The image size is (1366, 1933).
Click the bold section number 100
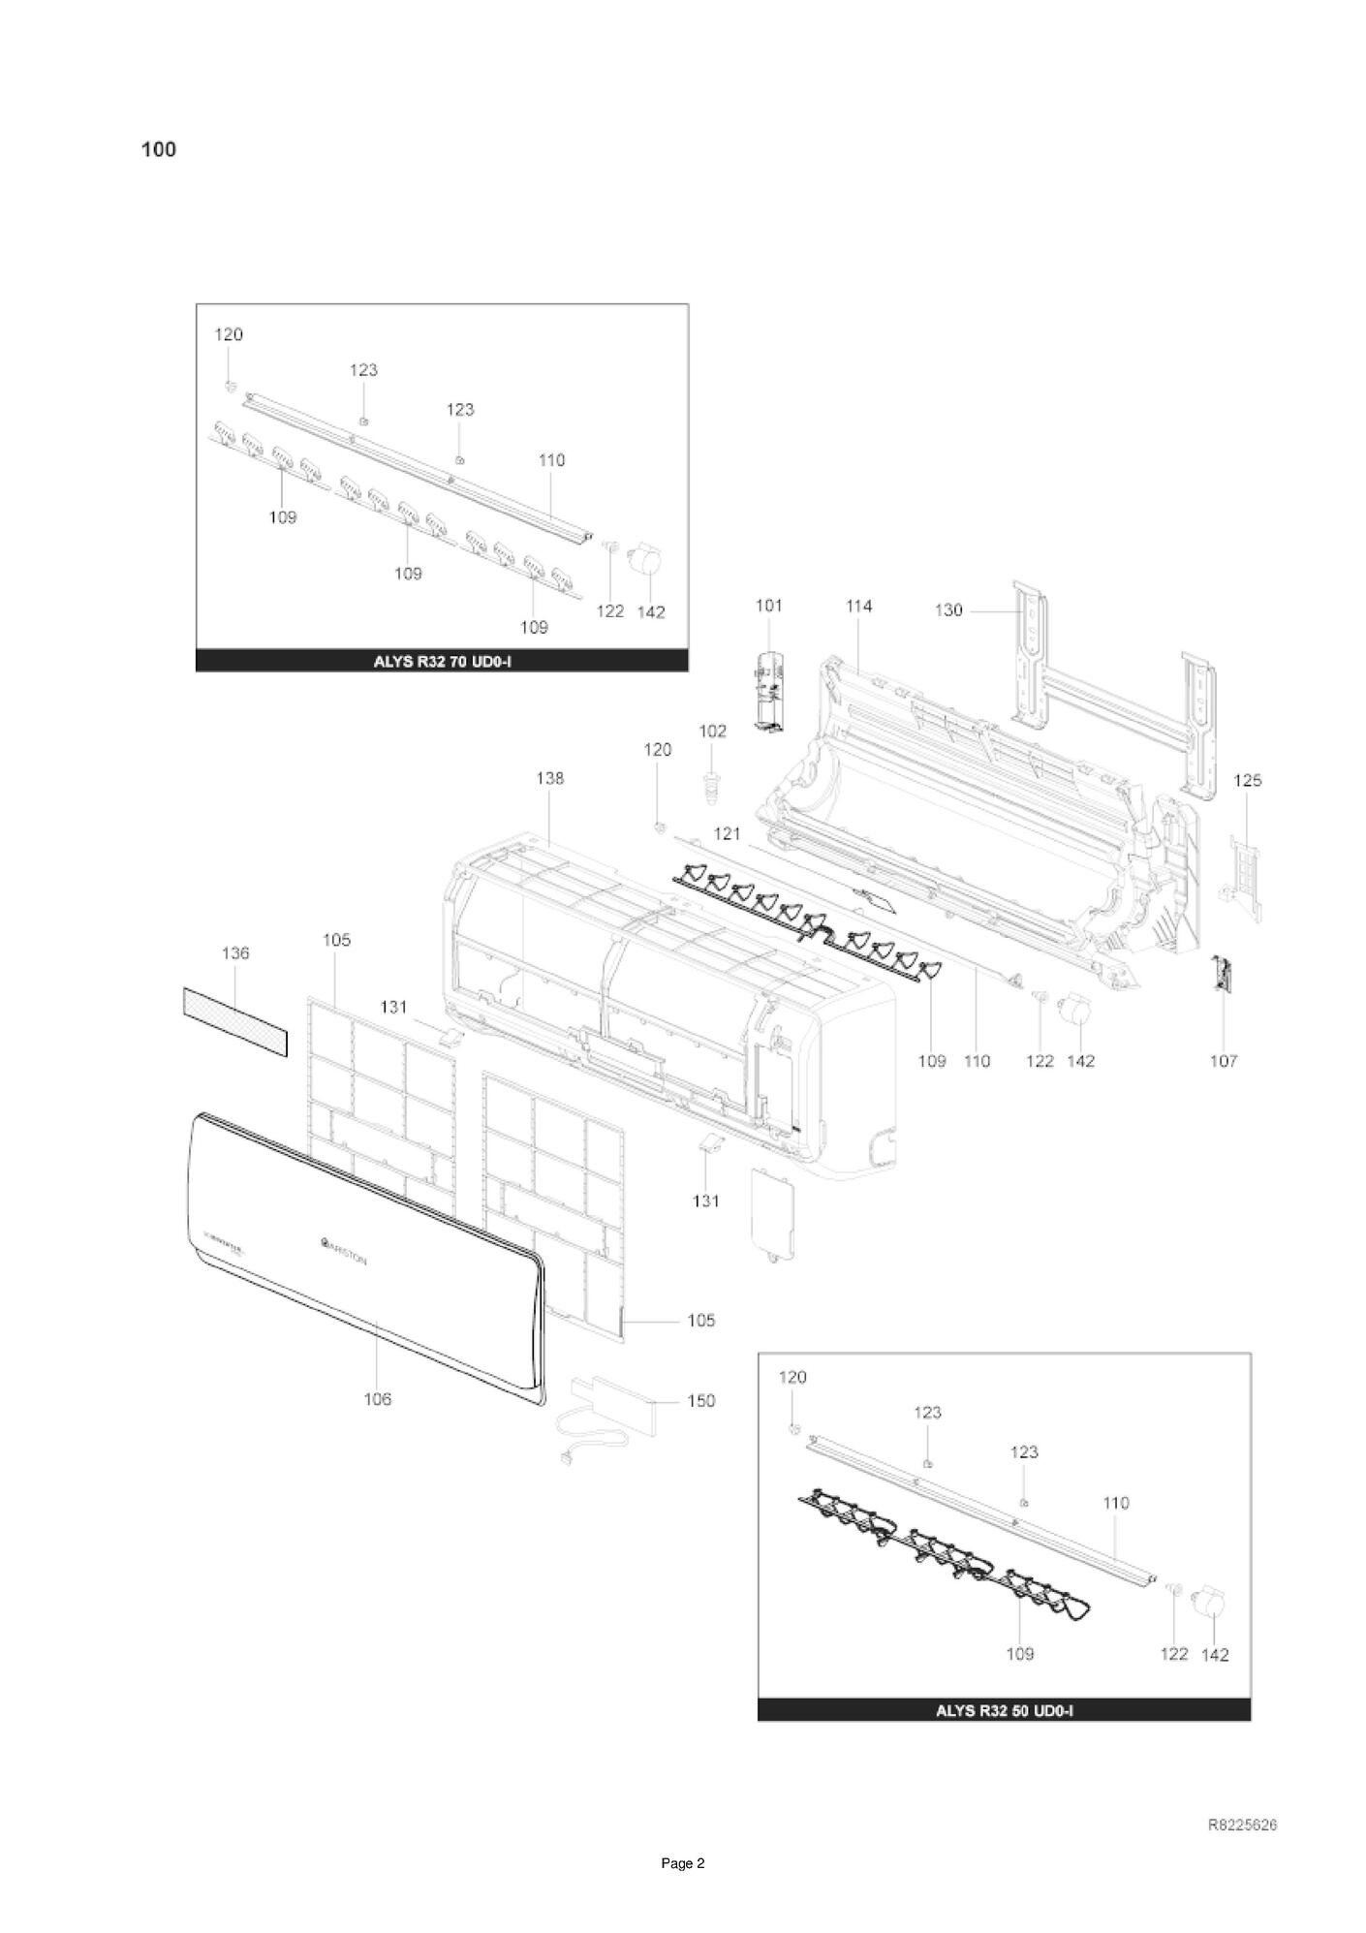pyautogui.click(x=159, y=149)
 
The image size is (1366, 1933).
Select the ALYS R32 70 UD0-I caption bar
pyautogui.click(x=442, y=662)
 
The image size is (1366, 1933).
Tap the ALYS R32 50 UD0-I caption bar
pyautogui.click(x=1004, y=1710)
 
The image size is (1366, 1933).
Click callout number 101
pyautogui.click(x=768, y=607)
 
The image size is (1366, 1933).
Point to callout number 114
pyautogui.click(x=858, y=607)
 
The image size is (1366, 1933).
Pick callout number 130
pyautogui.click(x=948, y=610)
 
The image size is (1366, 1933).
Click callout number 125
pyautogui.click(x=1247, y=780)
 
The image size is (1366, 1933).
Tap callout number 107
pyautogui.click(x=1224, y=1061)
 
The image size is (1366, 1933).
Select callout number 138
pyautogui.click(x=549, y=778)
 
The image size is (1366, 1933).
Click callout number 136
pyautogui.click(x=235, y=953)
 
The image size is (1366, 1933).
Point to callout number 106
pyautogui.click(x=377, y=1399)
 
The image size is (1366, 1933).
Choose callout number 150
pyautogui.click(x=700, y=1401)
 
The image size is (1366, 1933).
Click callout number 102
pyautogui.click(x=712, y=732)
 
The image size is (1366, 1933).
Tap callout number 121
pyautogui.click(x=727, y=833)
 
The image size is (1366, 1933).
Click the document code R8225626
pyautogui.click(x=1242, y=1825)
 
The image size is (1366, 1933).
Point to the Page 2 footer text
pyautogui.click(x=683, y=1863)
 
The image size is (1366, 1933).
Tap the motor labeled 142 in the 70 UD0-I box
pyautogui.click(x=643, y=562)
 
